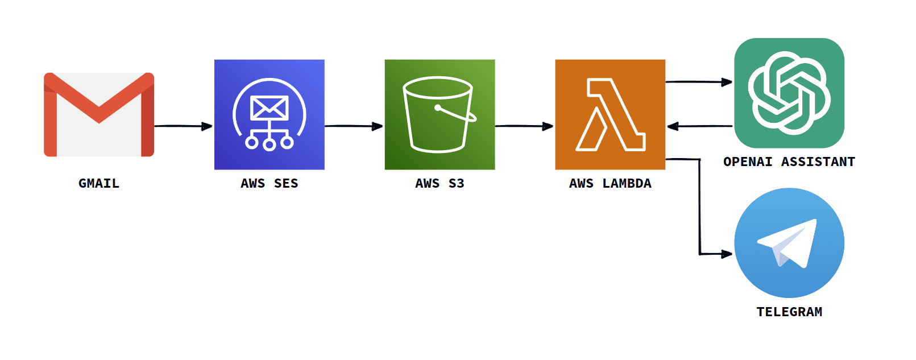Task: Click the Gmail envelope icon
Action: click(x=99, y=114)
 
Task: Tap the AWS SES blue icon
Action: click(x=269, y=114)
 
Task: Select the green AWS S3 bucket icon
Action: click(x=440, y=114)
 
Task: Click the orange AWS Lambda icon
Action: click(x=610, y=114)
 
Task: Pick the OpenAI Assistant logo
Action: click(x=789, y=93)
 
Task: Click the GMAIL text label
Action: click(x=99, y=183)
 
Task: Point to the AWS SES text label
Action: click(x=269, y=183)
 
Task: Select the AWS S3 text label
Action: click(x=440, y=183)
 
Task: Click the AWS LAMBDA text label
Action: click(x=610, y=183)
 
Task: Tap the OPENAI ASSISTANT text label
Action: click(x=789, y=162)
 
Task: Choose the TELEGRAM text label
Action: click(x=789, y=312)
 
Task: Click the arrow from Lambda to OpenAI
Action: click(x=699, y=82)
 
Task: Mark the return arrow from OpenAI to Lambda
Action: click(x=699, y=126)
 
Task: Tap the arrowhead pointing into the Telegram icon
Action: click(x=726, y=254)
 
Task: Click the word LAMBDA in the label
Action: click(x=627, y=183)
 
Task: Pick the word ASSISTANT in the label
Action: click(x=818, y=162)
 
